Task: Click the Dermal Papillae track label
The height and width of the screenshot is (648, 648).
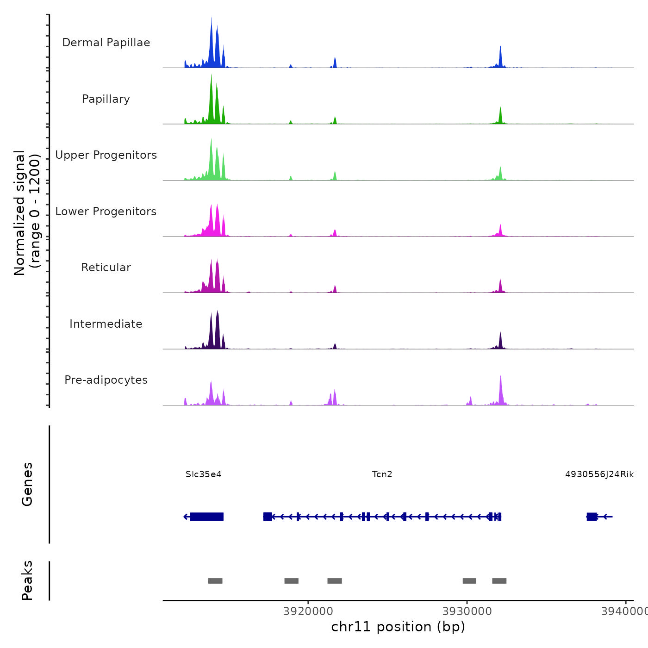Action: [106, 43]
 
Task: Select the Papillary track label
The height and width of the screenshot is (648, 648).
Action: [106, 99]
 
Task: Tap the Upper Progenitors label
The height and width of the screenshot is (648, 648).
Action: [106, 155]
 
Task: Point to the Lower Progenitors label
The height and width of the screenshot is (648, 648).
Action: [106, 212]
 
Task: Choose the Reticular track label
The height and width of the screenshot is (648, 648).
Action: [106, 268]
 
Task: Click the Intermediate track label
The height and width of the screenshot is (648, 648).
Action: [106, 324]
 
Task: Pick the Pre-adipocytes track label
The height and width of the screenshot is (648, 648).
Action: [106, 380]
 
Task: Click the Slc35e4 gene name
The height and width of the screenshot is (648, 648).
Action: [204, 474]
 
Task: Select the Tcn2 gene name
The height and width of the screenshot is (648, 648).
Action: [382, 474]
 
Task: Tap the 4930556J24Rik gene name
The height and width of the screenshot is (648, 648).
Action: [599, 474]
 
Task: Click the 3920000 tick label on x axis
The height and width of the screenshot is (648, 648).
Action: [308, 611]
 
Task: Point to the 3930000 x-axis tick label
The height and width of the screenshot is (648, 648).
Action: [467, 611]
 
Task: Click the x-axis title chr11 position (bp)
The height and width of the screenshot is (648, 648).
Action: [398, 627]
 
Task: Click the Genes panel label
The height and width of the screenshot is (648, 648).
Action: [27, 484]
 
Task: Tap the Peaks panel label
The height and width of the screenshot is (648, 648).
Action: [27, 580]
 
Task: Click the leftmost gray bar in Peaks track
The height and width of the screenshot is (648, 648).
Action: [215, 581]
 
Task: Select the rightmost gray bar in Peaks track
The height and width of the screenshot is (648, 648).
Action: [499, 581]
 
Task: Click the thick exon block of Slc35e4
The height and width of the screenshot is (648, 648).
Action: [207, 517]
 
